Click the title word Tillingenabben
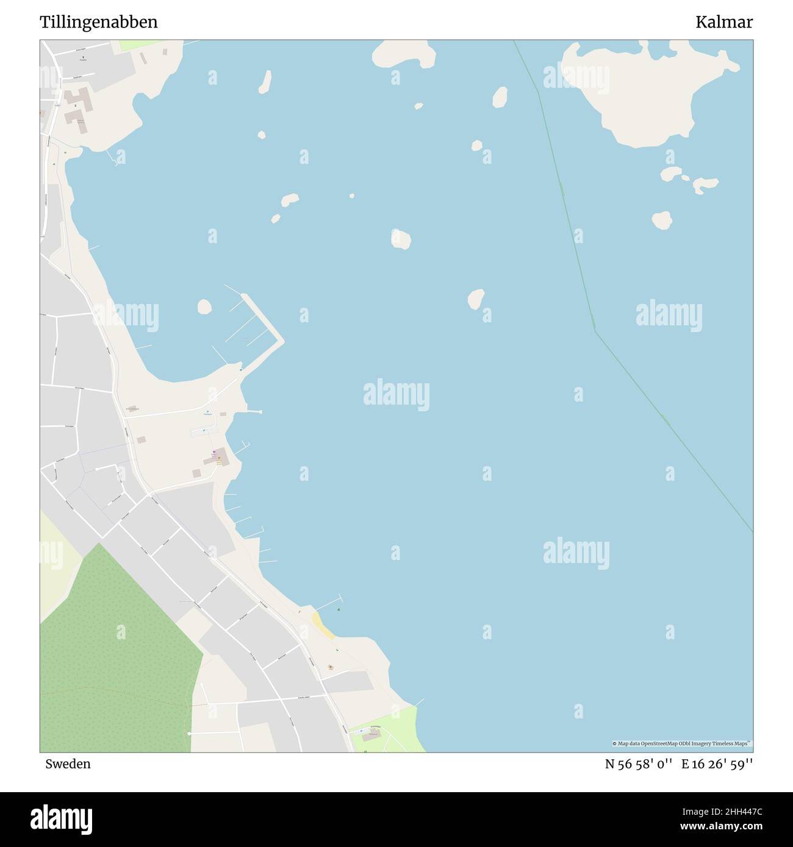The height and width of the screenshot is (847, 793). (x=98, y=23)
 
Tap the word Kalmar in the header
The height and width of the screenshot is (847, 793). (x=724, y=23)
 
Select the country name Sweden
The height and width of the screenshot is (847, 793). (x=68, y=764)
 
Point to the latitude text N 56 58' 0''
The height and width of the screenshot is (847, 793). (x=639, y=764)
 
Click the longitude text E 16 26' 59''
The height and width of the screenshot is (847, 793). (x=717, y=764)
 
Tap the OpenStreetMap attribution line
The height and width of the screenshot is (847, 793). (x=682, y=743)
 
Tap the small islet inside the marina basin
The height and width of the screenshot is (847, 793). (x=204, y=307)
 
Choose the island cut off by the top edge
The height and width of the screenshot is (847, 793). (x=404, y=54)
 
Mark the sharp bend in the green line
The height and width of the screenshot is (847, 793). (x=595, y=330)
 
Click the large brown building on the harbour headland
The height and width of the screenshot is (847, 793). (x=220, y=456)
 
